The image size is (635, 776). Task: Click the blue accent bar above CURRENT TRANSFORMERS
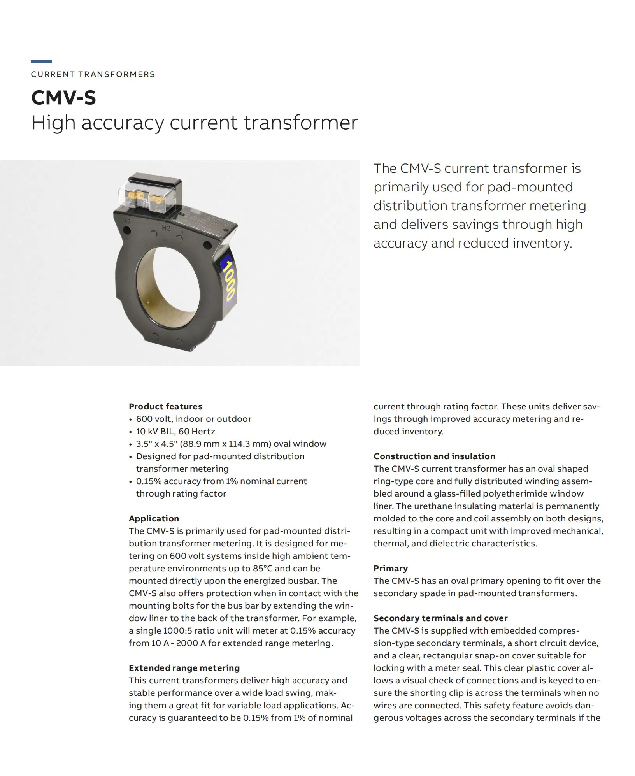tap(41, 61)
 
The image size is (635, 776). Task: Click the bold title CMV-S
tap(63, 97)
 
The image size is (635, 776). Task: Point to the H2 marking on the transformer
tap(166, 228)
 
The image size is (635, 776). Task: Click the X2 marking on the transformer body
tap(127, 221)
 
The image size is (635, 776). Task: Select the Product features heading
tap(165, 406)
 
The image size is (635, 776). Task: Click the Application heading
tap(154, 518)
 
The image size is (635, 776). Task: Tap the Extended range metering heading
tap(184, 668)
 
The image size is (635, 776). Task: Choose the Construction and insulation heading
tap(434, 456)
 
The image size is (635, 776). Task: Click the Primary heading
tap(390, 568)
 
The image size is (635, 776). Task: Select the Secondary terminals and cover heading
tap(440, 618)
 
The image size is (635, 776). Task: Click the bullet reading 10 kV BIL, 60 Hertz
tap(175, 431)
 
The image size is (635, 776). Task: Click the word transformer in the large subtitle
tap(300, 123)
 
